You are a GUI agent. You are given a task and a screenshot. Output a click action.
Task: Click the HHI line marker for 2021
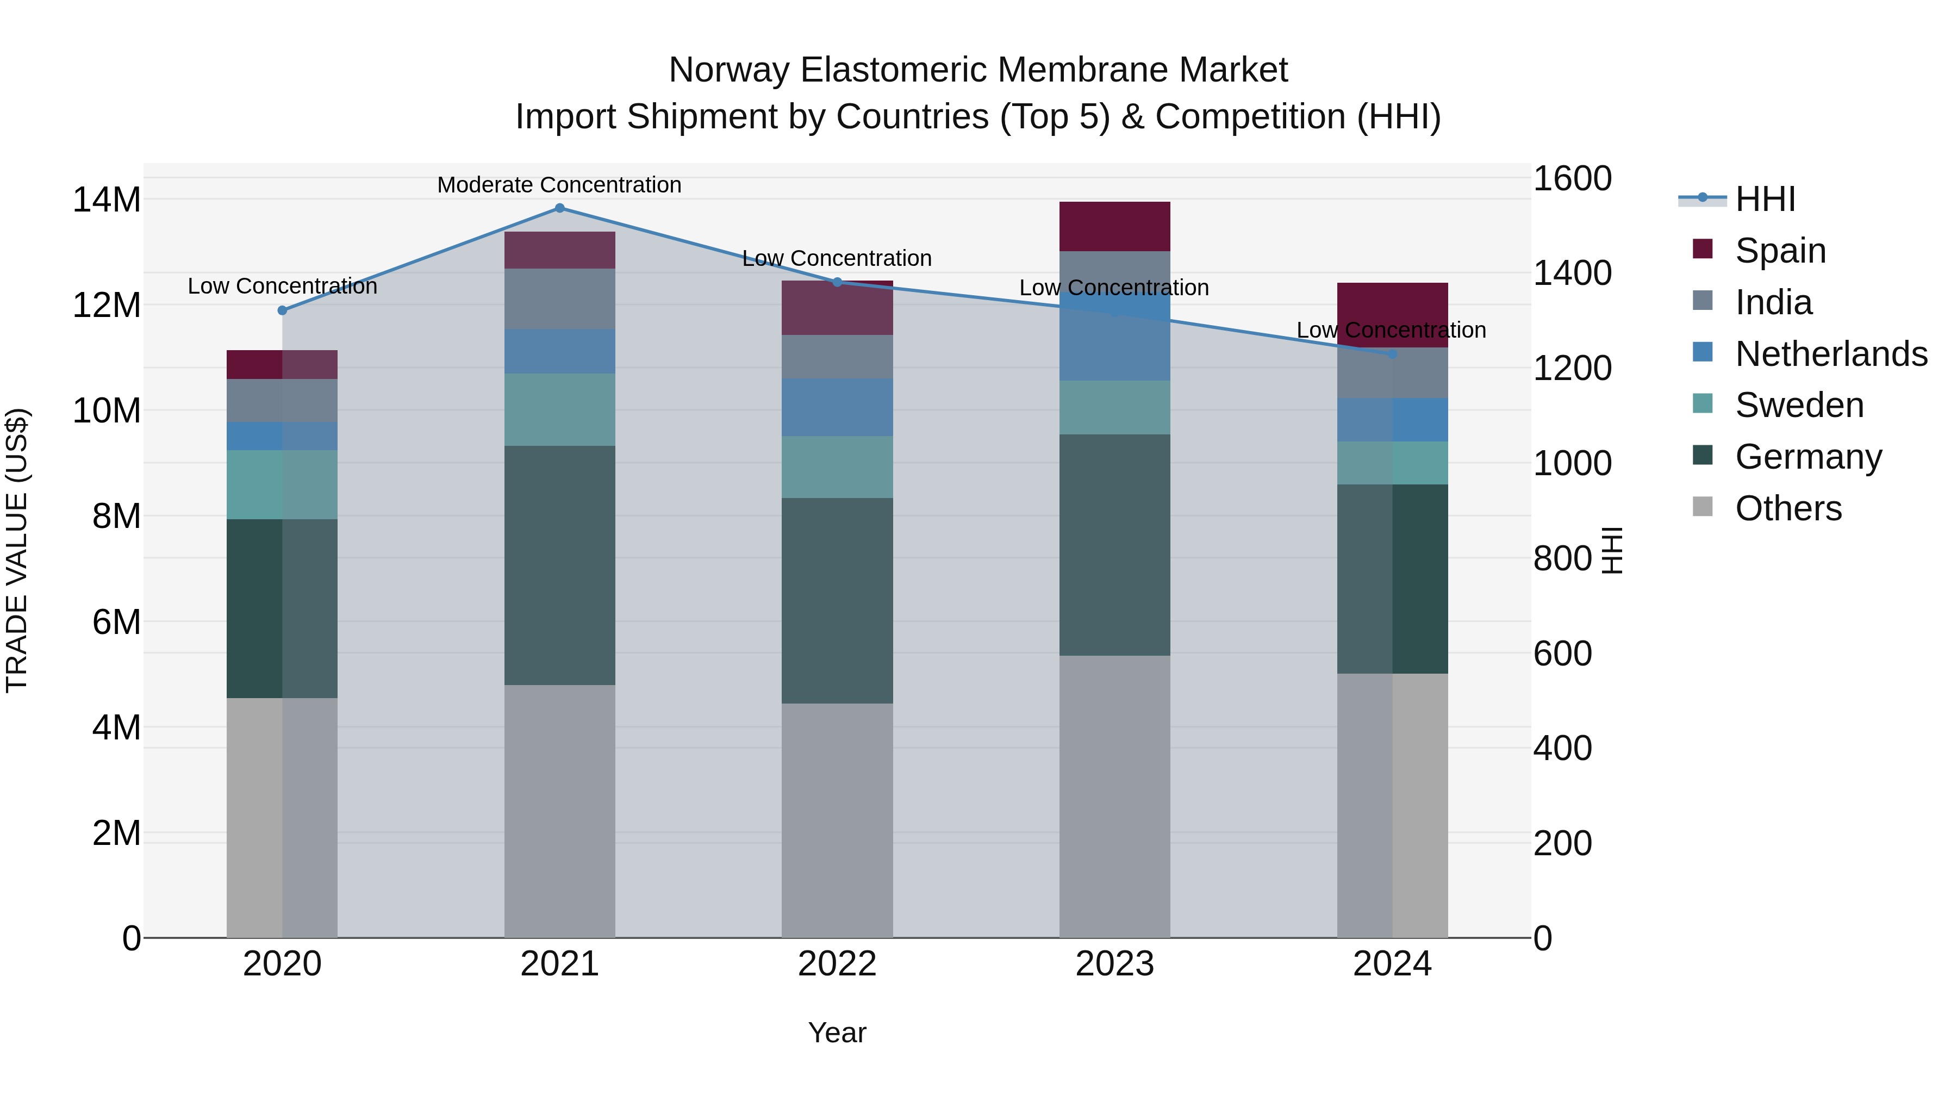[x=559, y=208]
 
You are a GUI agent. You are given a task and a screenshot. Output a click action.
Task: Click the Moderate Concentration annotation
[x=559, y=185]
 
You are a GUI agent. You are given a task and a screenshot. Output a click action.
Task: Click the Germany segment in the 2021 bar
[x=559, y=565]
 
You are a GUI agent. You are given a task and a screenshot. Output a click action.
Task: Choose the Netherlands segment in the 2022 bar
[x=837, y=407]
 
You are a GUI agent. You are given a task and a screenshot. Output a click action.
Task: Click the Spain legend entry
[x=1780, y=251]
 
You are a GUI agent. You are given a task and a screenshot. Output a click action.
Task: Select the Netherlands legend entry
[x=1831, y=354]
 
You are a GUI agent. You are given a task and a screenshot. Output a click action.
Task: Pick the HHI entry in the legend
[x=1765, y=199]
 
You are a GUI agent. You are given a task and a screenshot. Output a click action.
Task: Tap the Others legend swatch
[x=1703, y=507]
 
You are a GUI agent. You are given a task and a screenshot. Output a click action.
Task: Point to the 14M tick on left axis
[x=107, y=200]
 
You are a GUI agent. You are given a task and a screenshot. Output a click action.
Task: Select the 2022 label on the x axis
[x=837, y=964]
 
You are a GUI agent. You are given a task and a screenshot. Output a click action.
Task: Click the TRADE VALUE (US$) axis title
[x=17, y=550]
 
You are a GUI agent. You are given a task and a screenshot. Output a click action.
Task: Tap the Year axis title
[x=837, y=1032]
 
